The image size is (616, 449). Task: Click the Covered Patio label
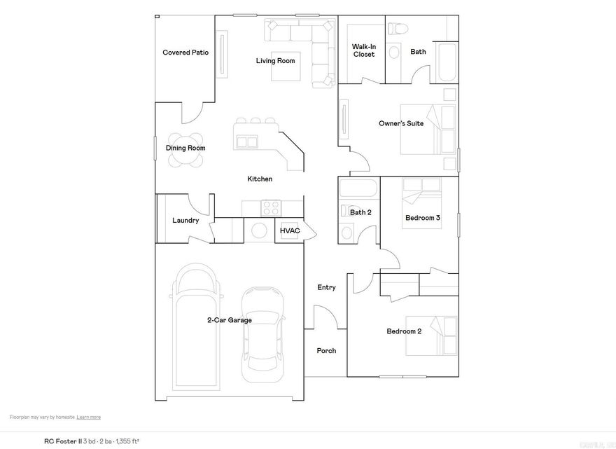185,53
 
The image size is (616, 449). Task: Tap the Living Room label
275,61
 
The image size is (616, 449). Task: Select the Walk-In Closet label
363,50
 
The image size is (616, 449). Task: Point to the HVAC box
290,230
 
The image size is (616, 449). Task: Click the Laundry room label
185,221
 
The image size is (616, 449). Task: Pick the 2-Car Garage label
229,320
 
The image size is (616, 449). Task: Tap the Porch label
326,351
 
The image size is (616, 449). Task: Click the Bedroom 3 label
422,218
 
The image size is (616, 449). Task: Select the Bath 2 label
360,212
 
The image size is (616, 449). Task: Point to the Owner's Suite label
401,124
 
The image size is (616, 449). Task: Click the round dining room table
186,149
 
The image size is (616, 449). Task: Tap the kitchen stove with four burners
271,208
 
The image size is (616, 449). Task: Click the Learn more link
89,417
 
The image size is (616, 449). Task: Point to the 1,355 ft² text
127,441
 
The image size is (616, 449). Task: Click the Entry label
326,287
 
